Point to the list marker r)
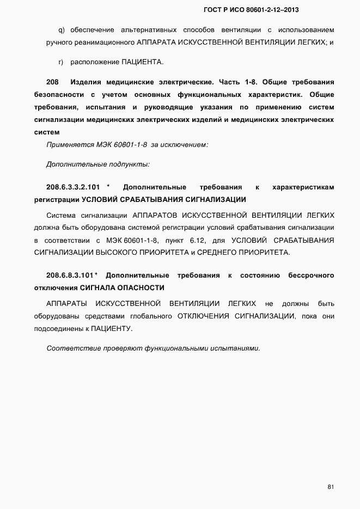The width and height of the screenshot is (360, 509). click(60, 62)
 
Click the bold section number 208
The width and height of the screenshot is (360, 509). click(52, 82)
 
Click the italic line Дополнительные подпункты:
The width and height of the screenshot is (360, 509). click(98, 164)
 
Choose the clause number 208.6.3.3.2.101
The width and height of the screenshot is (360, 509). click(72, 187)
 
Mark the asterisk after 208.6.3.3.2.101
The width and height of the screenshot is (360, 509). click(108, 187)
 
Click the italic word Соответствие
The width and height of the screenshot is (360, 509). click(72, 348)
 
